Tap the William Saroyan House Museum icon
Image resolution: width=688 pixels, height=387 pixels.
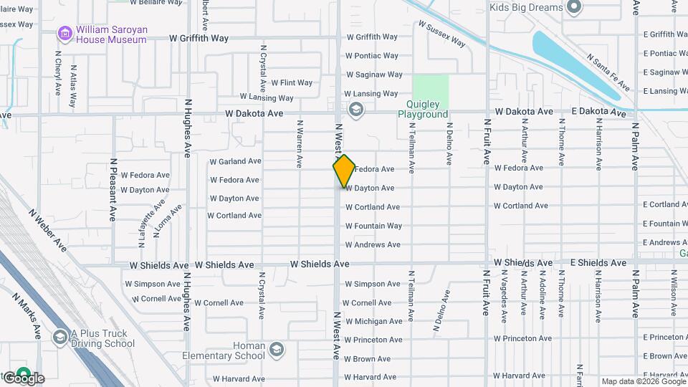65,34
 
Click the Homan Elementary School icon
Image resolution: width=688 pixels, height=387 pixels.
277,350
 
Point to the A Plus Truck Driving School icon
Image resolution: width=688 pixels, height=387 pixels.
60,336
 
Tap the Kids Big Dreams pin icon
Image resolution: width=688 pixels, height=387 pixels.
573,8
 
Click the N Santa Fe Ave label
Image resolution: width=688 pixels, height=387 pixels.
608,72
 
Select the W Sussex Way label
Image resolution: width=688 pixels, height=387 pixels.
441,34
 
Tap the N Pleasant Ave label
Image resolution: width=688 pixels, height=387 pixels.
113,190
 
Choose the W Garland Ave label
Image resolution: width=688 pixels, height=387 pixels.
235,161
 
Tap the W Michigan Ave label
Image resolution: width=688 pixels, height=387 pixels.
373,322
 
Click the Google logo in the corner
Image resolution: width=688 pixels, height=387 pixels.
23,378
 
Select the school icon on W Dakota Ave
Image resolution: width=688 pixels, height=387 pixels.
356,110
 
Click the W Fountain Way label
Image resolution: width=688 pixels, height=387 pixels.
373,226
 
